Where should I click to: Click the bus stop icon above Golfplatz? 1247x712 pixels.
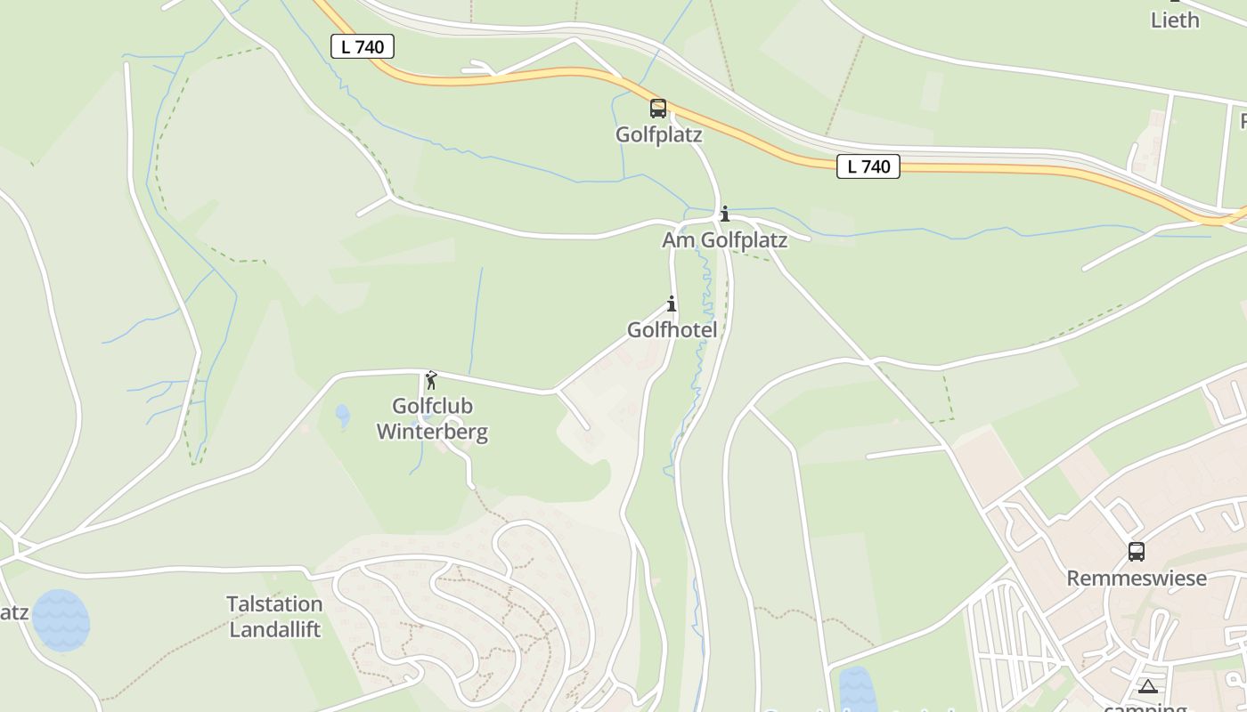click(x=657, y=109)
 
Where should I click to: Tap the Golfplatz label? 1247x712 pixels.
click(x=659, y=135)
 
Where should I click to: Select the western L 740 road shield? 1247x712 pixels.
click(x=363, y=46)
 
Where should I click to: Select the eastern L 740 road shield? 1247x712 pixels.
click(x=868, y=166)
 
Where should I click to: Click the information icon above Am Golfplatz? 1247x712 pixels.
click(x=725, y=214)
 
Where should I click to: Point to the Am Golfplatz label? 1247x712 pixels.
click(x=724, y=240)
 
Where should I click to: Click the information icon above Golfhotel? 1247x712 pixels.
click(x=672, y=303)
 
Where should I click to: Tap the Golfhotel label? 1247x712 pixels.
click(x=672, y=330)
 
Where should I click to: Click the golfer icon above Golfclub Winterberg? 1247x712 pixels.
click(x=431, y=380)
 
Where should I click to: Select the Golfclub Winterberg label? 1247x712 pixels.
click(x=432, y=419)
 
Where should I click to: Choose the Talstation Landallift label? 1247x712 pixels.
click(x=274, y=617)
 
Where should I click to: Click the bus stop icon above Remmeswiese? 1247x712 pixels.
click(x=1136, y=551)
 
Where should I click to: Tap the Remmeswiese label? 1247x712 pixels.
click(x=1137, y=578)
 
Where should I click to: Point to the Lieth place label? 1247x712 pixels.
click(x=1175, y=20)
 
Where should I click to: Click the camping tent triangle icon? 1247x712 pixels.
click(x=1147, y=685)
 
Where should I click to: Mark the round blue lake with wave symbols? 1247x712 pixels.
click(x=61, y=620)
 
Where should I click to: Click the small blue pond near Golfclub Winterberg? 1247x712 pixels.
click(x=343, y=415)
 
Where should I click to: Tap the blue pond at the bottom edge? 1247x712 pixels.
click(x=857, y=689)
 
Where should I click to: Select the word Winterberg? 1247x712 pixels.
click(x=432, y=433)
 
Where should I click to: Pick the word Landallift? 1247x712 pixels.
click(x=274, y=629)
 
